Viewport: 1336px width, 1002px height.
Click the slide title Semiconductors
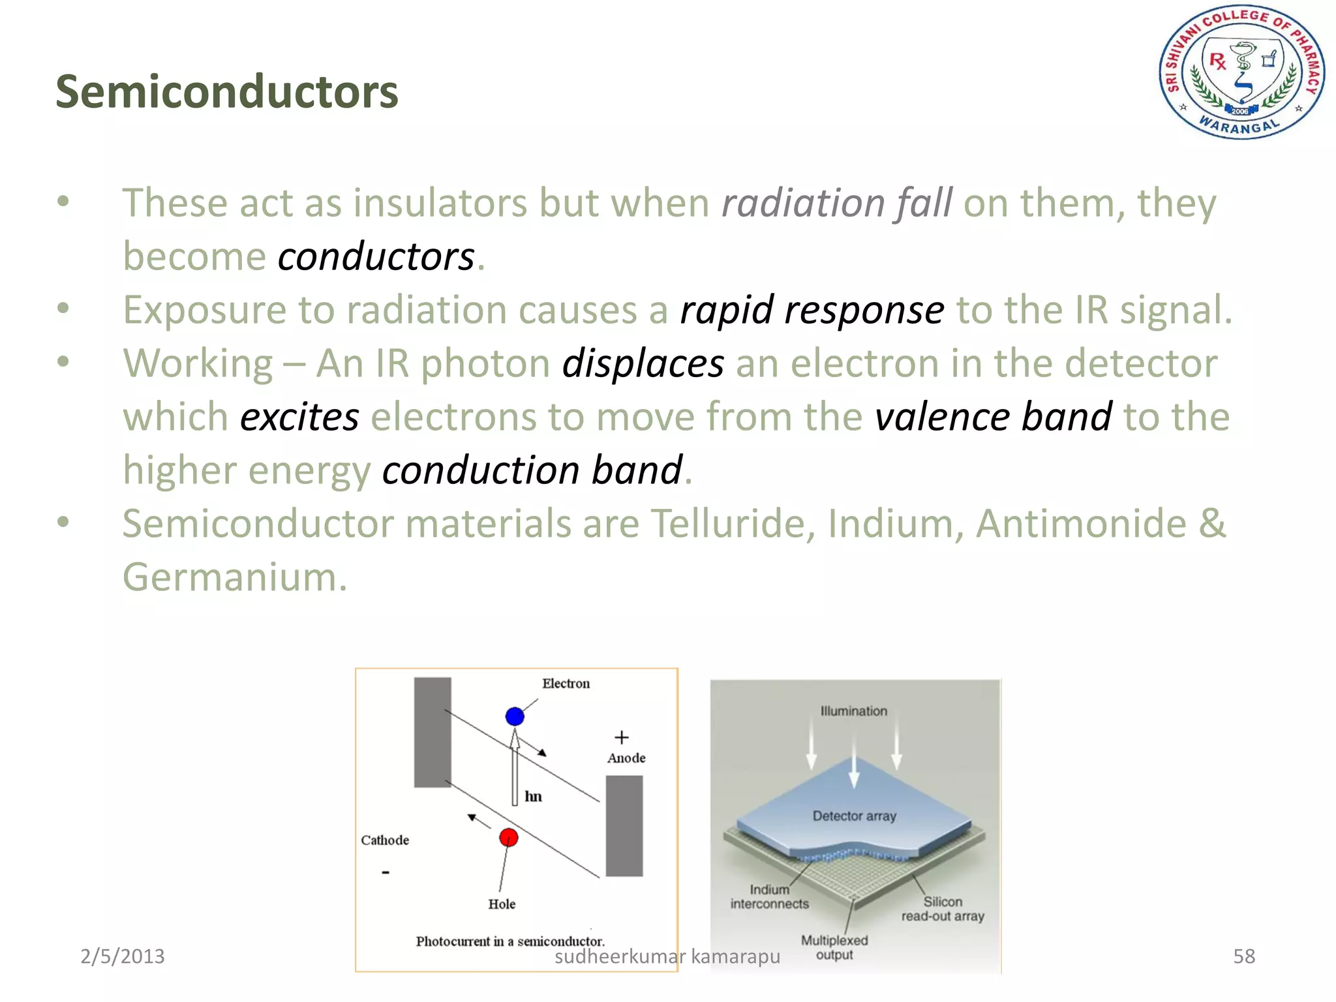226,91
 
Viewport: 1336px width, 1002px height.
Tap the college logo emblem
1241,72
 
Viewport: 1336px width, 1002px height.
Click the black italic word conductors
376,256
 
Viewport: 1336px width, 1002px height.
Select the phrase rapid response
812,310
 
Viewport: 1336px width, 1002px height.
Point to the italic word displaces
643,363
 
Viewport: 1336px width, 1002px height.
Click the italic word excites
299,417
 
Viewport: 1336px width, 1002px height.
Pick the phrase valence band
993,417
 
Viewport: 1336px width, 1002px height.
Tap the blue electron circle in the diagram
515,716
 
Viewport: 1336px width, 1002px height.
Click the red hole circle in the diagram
508,838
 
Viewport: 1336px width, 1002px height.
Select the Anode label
626,758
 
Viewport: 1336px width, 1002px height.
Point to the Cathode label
385,840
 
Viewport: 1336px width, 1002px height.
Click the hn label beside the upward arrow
533,797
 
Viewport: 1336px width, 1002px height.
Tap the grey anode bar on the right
624,825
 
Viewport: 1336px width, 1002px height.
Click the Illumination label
853,711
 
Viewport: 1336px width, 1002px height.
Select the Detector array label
854,816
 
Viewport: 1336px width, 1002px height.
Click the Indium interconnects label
769,897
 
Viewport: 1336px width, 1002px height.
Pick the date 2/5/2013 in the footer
122,956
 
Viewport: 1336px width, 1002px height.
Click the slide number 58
1243,956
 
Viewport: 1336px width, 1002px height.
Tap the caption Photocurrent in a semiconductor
510,941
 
